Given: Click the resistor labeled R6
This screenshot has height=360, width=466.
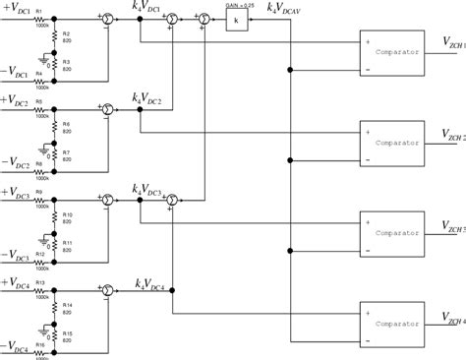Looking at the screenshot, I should click(53, 128).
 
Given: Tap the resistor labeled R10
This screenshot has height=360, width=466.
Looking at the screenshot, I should click(53, 216).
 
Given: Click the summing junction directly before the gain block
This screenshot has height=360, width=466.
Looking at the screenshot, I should click(204, 20).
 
